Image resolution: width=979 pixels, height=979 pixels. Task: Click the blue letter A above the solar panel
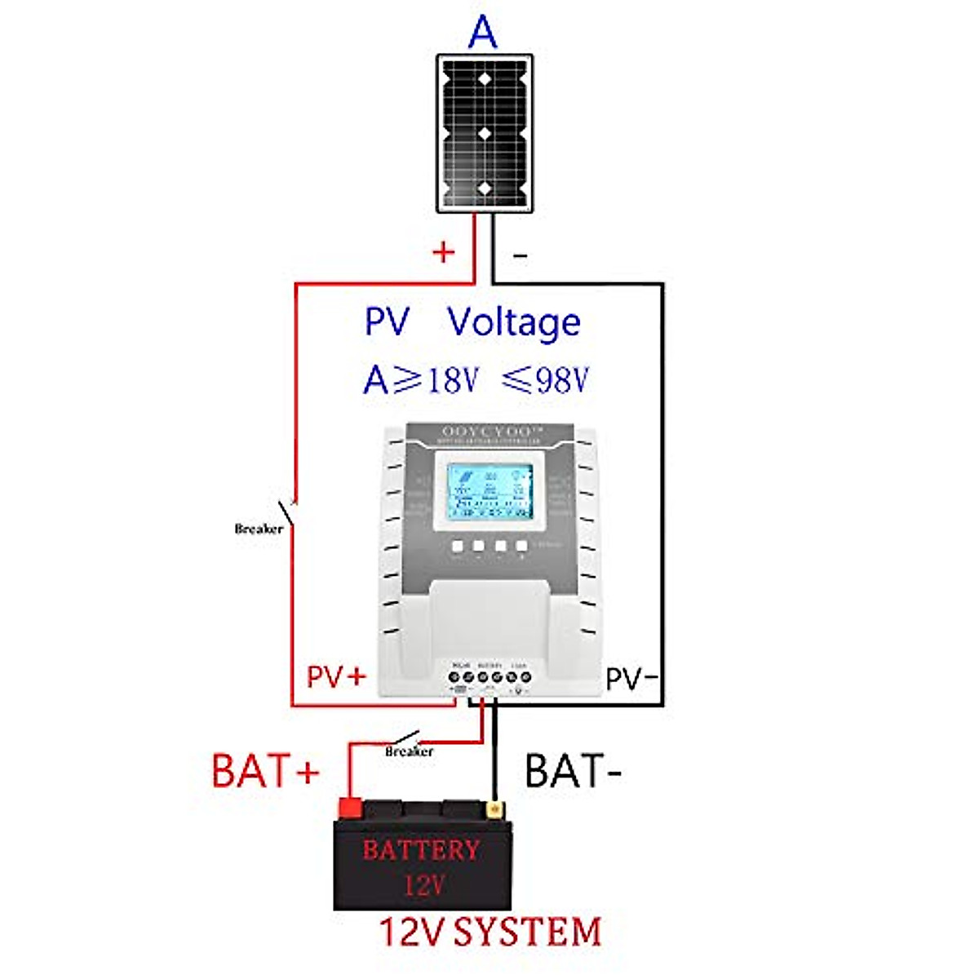[483, 32]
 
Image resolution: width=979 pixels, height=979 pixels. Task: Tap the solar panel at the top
[485, 134]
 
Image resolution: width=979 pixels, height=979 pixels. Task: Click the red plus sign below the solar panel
[443, 252]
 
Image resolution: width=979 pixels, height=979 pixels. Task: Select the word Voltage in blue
[514, 323]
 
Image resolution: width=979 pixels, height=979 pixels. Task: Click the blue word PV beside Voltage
[386, 322]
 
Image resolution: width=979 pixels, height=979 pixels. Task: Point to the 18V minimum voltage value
[450, 380]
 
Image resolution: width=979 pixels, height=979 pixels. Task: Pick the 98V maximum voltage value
[559, 380]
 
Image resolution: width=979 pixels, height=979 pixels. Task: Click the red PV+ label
[336, 676]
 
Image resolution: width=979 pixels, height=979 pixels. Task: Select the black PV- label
[631, 678]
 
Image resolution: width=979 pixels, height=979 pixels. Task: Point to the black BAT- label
[573, 771]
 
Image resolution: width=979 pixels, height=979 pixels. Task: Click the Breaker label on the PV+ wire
[259, 529]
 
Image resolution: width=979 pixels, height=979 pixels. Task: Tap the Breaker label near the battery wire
[409, 751]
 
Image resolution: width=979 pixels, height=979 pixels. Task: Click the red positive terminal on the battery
[350, 808]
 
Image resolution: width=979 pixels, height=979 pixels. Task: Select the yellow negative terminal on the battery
[494, 808]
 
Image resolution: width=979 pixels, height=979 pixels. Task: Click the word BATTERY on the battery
[421, 850]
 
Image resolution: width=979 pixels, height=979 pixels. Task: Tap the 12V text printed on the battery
[423, 884]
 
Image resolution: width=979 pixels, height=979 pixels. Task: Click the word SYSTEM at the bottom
[527, 932]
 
